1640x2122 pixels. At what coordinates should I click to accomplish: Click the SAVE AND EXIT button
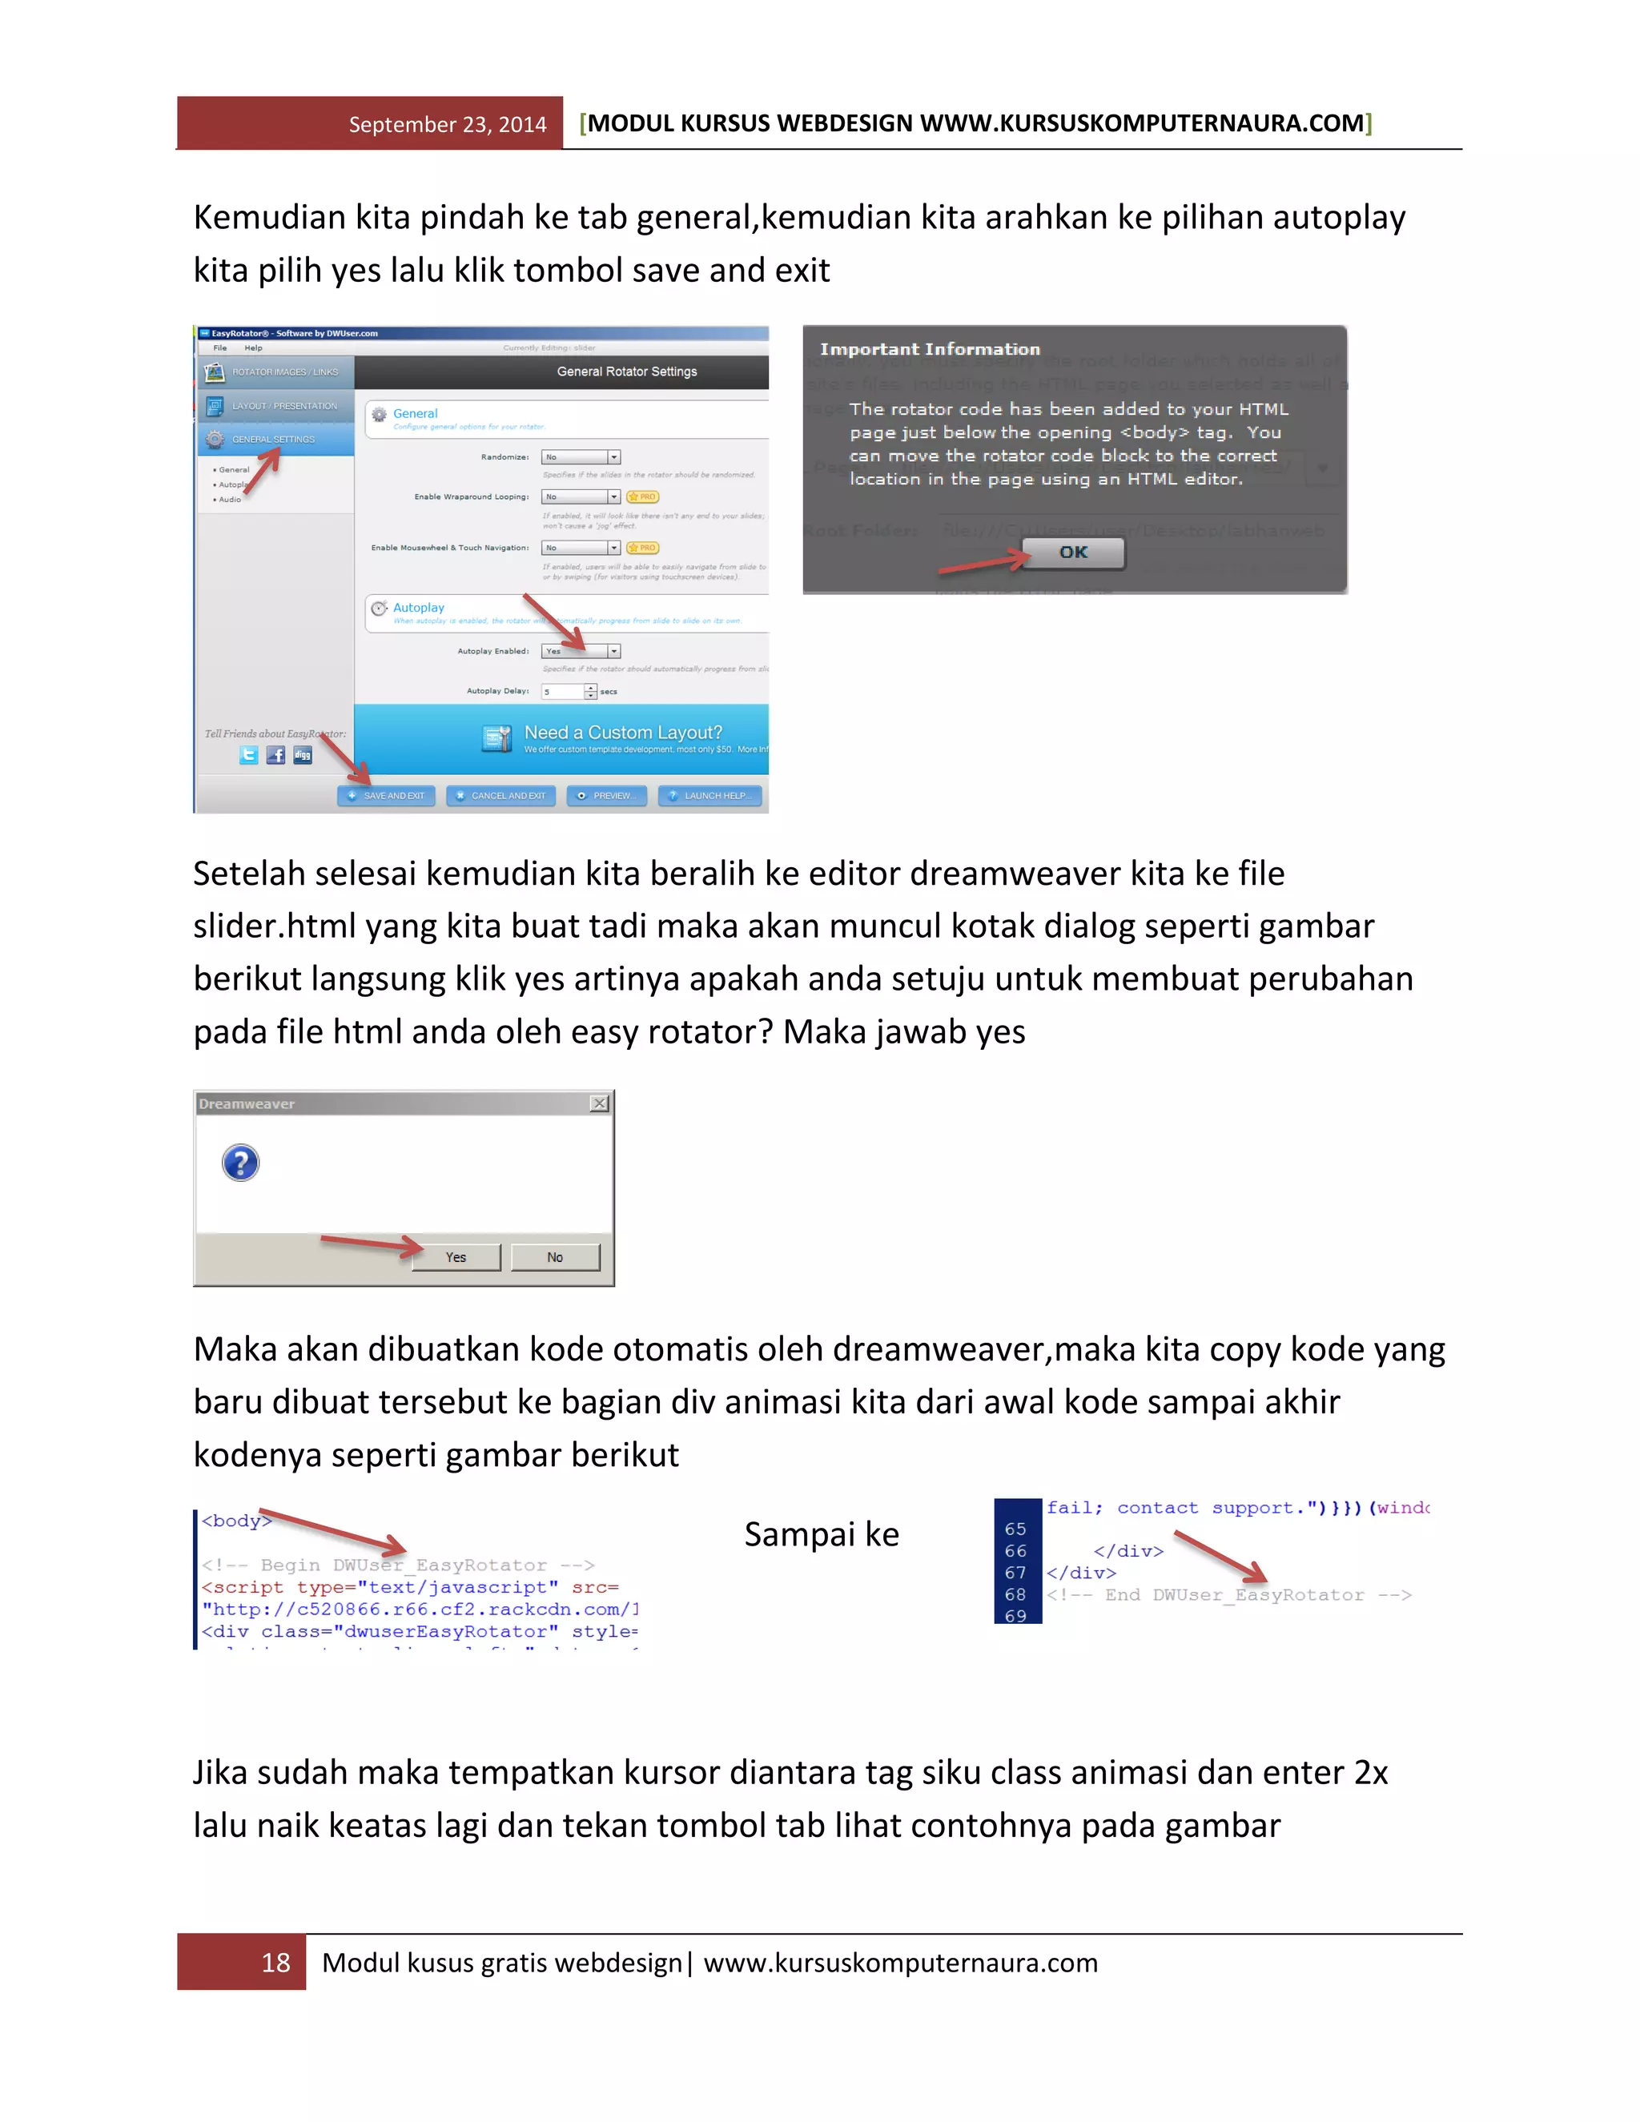[387, 796]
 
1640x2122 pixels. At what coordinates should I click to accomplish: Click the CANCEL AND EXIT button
[501, 796]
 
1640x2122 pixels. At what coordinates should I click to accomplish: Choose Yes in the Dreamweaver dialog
[456, 1257]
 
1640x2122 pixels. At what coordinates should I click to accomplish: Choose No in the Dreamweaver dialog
[555, 1257]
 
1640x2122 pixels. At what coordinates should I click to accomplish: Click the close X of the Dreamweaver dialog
[600, 1103]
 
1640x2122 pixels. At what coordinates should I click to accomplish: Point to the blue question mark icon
[241, 1163]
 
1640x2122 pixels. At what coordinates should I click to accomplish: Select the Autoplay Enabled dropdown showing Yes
[580, 651]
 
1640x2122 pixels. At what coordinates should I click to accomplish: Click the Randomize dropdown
[580, 456]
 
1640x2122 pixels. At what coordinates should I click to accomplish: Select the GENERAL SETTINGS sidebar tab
[275, 439]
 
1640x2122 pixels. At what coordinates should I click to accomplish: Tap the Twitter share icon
[249, 755]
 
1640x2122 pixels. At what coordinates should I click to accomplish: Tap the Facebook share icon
[276, 755]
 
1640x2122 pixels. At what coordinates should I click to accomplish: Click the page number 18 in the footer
[276, 1963]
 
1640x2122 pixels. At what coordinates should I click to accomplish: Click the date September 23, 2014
[447, 124]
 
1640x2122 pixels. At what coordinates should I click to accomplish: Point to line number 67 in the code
[1015, 1573]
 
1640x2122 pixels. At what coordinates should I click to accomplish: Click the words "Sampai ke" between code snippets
[822, 1534]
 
